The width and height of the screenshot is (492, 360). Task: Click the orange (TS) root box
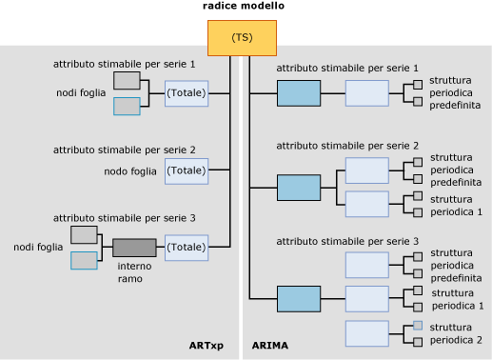(x=242, y=37)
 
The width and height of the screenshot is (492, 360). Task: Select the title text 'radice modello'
(x=243, y=6)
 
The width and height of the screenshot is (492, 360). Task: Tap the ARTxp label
(x=205, y=345)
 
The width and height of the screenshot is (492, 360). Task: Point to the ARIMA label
(x=269, y=345)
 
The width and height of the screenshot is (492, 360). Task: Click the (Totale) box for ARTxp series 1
(x=186, y=93)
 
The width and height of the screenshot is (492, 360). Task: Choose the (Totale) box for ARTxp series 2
(x=186, y=170)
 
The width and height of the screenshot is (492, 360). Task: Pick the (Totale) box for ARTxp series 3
(x=186, y=248)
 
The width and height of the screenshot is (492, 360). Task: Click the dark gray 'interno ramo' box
(x=133, y=248)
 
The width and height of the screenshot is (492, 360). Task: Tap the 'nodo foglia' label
(x=130, y=171)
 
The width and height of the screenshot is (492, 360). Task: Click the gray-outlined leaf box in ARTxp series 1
(x=127, y=80)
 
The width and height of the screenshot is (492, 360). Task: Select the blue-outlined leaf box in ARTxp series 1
(x=127, y=106)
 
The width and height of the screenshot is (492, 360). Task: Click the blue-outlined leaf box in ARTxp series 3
(x=84, y=260)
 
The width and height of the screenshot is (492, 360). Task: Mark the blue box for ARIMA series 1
(x=299, y=93)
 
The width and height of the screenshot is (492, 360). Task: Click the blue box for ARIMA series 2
(x=299, y=188)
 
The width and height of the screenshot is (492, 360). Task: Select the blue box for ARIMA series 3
(x=299, y=299)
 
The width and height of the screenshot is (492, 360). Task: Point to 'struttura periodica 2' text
(x=456, y=333)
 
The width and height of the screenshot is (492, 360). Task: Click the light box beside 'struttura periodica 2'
(x=366, y=333)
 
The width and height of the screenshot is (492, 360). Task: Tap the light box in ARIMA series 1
(x=366, y=93)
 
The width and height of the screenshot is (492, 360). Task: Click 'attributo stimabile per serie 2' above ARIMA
(x=347, y=145)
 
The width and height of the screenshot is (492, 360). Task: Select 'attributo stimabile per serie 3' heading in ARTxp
(x=124, y=218)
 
